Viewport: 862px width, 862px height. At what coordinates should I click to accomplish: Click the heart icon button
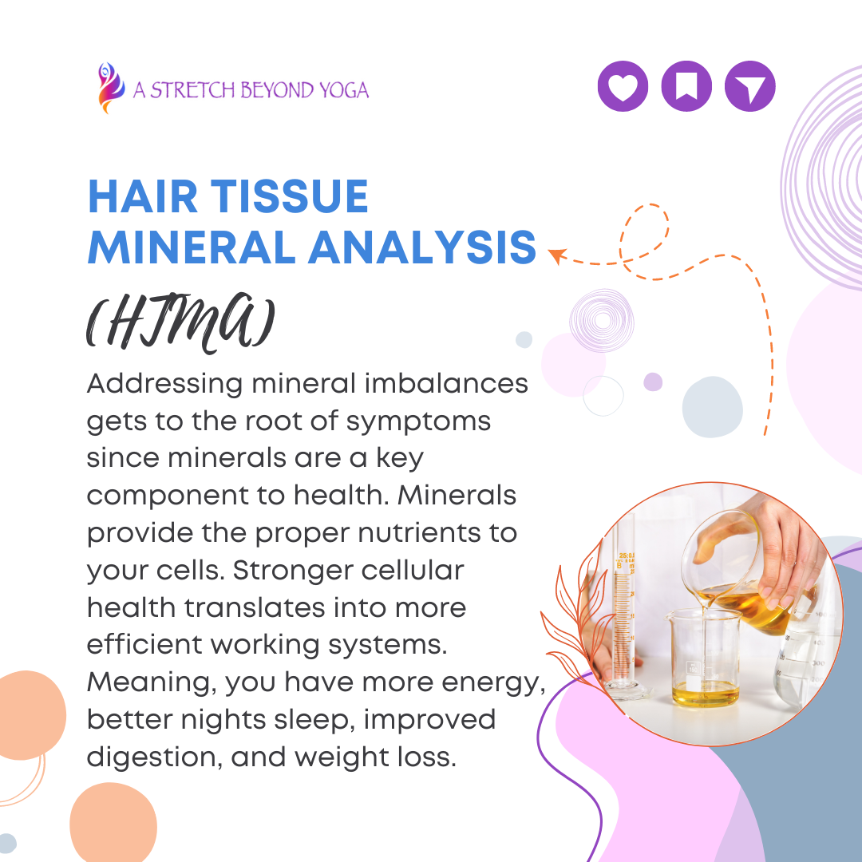623,86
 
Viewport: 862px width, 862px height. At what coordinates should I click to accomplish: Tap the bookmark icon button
686,86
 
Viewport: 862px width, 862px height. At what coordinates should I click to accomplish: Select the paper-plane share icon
749,86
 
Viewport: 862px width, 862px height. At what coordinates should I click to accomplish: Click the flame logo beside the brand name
110,88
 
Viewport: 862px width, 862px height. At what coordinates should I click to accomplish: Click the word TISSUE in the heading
289,196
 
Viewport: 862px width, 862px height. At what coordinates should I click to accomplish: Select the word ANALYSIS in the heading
421,247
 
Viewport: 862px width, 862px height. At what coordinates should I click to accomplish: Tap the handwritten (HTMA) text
180,322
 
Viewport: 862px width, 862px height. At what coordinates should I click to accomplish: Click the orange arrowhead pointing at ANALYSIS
557,255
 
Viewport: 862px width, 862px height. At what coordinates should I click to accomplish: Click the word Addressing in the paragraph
164,385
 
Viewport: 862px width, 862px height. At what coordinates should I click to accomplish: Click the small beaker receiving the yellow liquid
704,657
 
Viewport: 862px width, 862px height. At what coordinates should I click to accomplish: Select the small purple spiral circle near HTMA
602,321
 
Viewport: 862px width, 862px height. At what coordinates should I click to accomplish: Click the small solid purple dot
653,382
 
